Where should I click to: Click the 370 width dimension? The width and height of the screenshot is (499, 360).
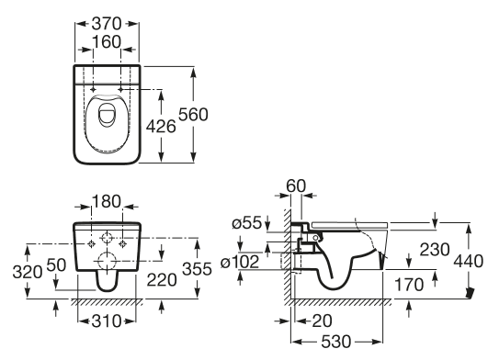(107, 24)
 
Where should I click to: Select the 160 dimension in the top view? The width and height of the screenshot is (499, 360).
(107, 42)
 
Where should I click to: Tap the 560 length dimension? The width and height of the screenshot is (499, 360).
(193, 115)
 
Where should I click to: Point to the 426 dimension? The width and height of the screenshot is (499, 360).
(161, 127)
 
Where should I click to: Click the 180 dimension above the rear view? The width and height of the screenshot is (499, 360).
(107, 201)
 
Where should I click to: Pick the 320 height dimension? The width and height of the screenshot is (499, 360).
(28, 272)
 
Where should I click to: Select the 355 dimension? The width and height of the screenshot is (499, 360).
(197, 269)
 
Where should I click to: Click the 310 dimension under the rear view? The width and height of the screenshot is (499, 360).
(107, 321)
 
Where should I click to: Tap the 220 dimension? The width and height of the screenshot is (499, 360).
(162, 280)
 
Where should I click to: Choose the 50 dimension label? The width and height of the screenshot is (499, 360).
(56, 264)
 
